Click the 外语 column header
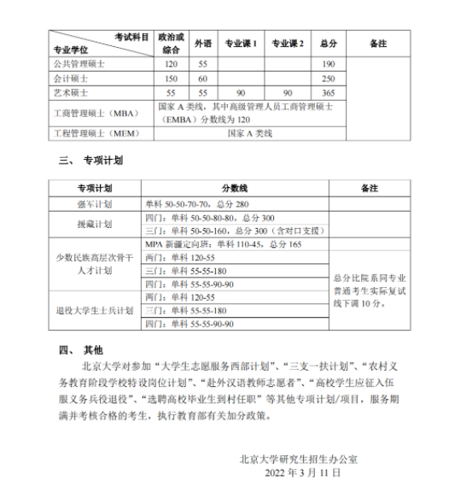[202, 43]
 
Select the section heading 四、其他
[80, 349]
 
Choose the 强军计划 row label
[95, 204]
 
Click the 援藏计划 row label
[95, 225]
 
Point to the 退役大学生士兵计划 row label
[95, 310]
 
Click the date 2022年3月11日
[302, 472]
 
